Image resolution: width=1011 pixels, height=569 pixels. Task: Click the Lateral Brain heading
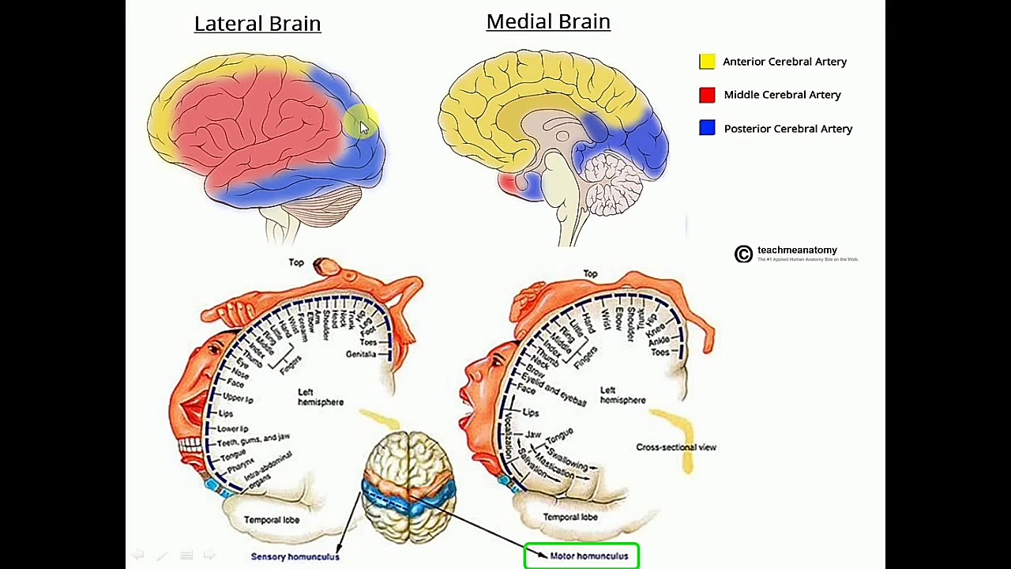(257, 24)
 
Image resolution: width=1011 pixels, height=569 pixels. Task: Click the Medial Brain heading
(548, 21)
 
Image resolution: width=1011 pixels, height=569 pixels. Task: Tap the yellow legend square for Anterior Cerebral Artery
(707, 62)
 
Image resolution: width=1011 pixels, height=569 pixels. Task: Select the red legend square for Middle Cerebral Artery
(707, 95)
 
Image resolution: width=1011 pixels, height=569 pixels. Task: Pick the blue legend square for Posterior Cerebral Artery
(707, 128)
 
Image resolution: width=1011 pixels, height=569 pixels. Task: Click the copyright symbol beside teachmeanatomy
(743, 254)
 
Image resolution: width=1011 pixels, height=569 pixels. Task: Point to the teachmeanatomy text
(797, 251)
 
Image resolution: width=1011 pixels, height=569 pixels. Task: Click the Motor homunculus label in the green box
(589, 556)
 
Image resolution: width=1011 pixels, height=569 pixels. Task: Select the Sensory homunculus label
(295, 556)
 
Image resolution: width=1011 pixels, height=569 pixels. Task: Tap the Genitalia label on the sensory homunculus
(361, 354)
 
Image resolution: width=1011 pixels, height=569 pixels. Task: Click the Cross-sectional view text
(676, 447)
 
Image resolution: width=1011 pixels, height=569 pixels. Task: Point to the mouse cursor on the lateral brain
(363, 127)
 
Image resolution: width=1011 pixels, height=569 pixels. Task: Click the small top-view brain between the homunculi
(408, 486)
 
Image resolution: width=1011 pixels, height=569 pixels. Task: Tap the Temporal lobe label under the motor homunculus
(570, 517)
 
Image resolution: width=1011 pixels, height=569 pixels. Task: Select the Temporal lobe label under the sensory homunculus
(271, 520)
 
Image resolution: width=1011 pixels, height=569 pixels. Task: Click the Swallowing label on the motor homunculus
(567, 460)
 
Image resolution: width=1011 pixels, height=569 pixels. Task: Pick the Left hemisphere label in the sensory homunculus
(320, 397)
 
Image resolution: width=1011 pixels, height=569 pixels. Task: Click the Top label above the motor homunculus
(590, 273)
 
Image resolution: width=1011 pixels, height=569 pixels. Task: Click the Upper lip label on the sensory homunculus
(238, 398)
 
